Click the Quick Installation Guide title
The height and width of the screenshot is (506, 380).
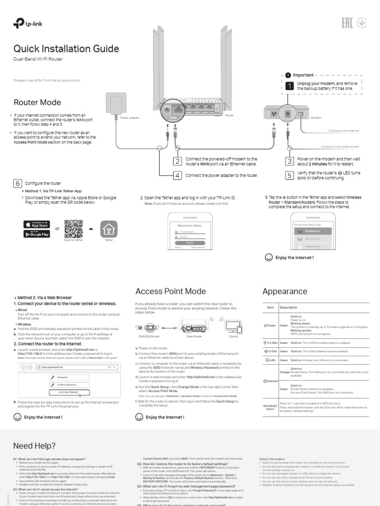(x=66, y=49)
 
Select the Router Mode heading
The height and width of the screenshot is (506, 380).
(x=37, y=102)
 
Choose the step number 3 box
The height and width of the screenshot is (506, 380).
(x=289, y=162)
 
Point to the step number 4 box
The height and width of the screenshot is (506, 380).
(x=177, y=175)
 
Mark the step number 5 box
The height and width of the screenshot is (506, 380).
(x=289, y=175)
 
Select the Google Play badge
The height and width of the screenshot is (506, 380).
(x=37, y=234)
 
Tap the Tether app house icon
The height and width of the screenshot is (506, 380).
(x=109, y=228)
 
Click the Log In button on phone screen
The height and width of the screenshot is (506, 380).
(x=190, y=242)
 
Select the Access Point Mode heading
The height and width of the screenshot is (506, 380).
(x=170, y=291)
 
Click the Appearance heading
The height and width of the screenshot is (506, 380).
(x=285, y=291)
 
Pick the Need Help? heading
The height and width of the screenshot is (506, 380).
(x=34, y=446)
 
